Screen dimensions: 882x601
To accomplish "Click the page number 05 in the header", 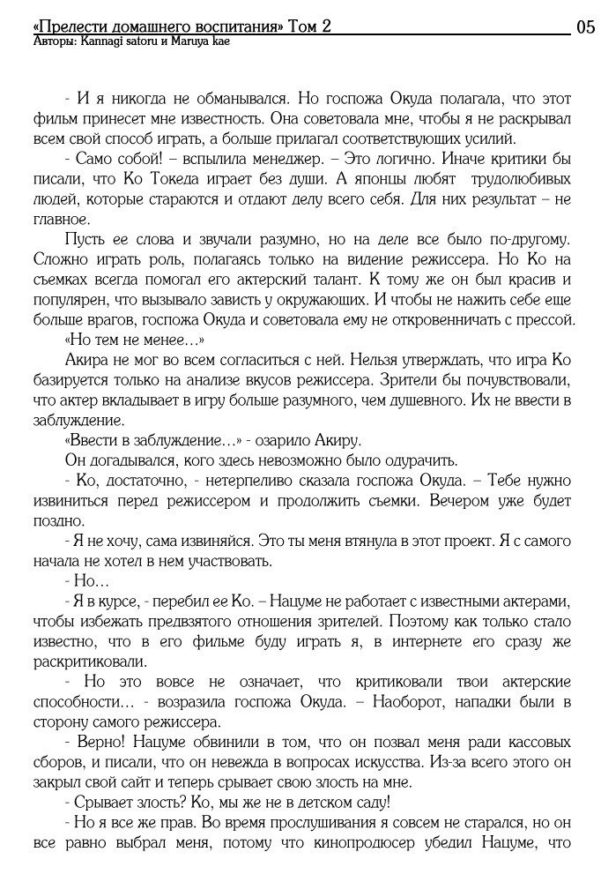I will [585, 26].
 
